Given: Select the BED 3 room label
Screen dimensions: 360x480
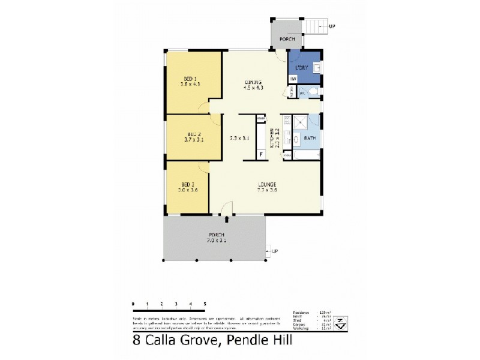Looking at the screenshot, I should (188, 184).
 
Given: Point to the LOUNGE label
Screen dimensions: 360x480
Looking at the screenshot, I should (268, 184).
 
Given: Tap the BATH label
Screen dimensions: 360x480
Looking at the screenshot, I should (310, 138).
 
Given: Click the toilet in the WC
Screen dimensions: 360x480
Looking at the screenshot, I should (315, 93).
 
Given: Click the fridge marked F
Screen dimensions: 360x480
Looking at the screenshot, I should (260, 154).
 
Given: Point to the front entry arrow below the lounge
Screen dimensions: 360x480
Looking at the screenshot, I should (226, 210).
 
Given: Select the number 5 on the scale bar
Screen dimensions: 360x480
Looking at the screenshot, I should (205, 304).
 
